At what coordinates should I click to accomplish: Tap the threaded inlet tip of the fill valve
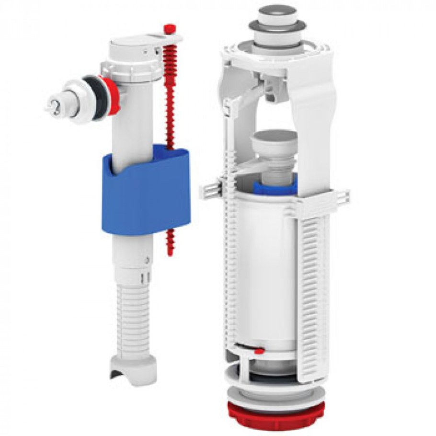pos(53,105)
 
